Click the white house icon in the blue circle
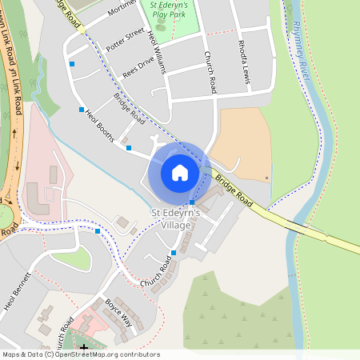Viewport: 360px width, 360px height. pyautogui.click(x=180, y=172)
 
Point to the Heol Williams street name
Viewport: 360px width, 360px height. pyautogui.click(x=156, y=53)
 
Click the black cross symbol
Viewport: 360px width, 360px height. pyautogui.click(x=84, y=347)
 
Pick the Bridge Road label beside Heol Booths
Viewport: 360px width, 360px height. pyautogui.click(x=129, y=110)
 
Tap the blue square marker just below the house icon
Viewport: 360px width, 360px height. pyautogui.click(x=192, y=202)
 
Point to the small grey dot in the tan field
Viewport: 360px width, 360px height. pyautogui.click(x=266, y=178)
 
